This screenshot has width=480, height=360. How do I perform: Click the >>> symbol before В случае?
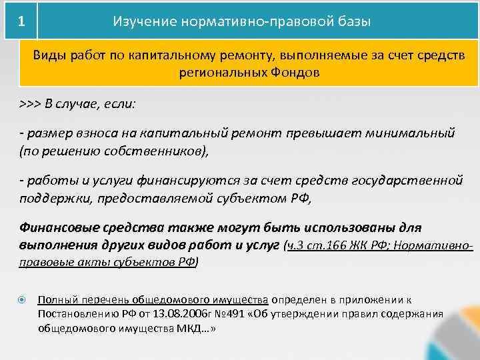[31, 105]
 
